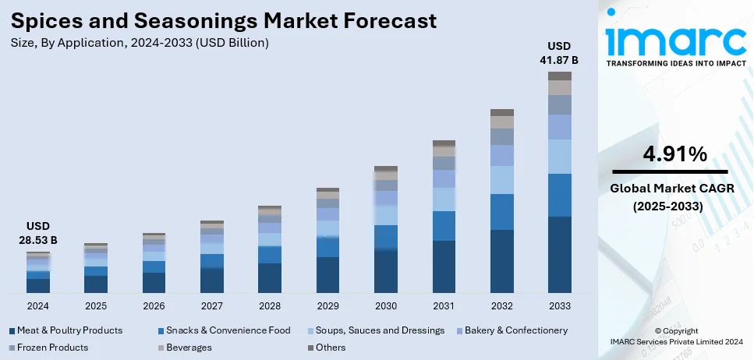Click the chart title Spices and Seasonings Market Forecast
point(224,19)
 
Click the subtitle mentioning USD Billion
point(140,43)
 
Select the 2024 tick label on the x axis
point(37,305)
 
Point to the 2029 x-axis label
point(327,305)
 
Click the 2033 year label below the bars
point(559,305)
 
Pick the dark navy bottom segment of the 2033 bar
point(559,255)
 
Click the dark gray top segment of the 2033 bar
point(559,76)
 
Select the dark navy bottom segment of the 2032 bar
point(501,261)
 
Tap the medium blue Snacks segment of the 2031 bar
point(444,226)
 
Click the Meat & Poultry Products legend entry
point(66,330)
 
